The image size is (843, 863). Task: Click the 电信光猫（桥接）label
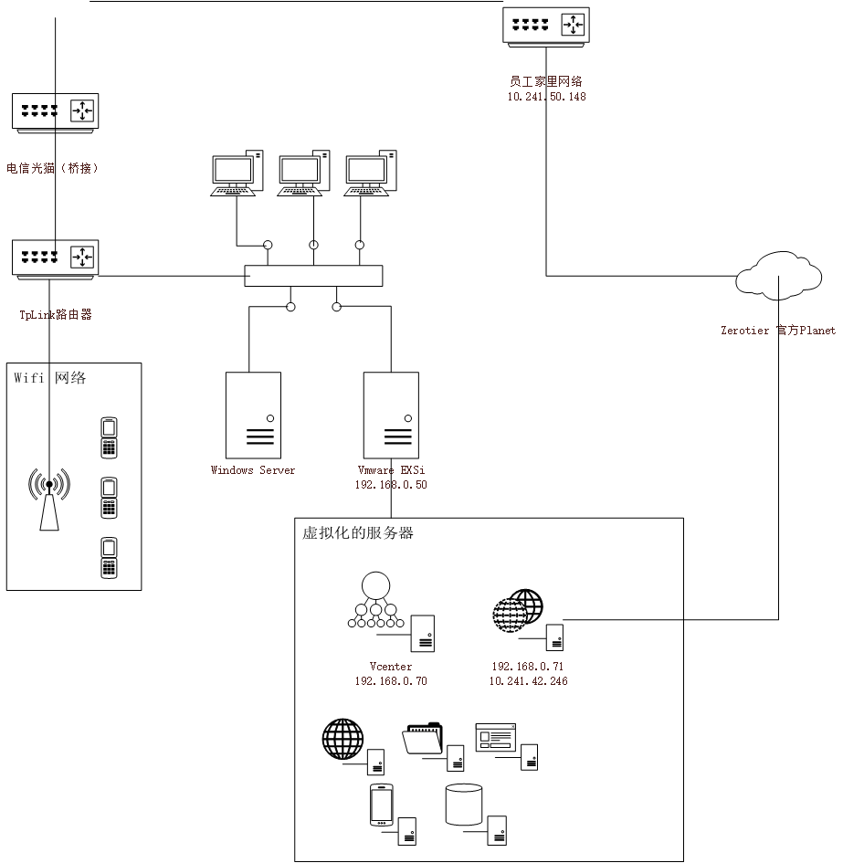click(x=52, y=168)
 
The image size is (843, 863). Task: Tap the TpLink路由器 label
click(x=56, y=314)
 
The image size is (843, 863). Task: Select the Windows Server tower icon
click(x=253, y=415)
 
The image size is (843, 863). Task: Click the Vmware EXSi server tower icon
click(x=391, y=415)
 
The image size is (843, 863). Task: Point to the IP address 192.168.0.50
click(x=391, y=484)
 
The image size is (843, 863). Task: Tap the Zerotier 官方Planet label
click(x=778, y=331)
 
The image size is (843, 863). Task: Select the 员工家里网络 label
click(x=545, y=81)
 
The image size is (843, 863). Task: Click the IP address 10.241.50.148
click(x=546, y=96)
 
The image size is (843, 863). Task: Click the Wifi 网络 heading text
click(x=49, y=377)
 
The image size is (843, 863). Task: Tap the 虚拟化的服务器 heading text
click(x=358, y=532)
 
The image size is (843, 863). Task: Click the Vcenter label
click(x=390, y=666)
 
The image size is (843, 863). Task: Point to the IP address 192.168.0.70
click(x=391, y=681)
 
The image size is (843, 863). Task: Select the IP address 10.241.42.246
click(x=528, y=681)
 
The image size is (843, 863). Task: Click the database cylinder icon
click(x=464, y=805)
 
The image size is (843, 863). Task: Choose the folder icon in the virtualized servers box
click(x=422, y=738)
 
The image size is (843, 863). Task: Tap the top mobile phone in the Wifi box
click(x=109, y=438)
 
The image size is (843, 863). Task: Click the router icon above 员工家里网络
click(x=545, y=26)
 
